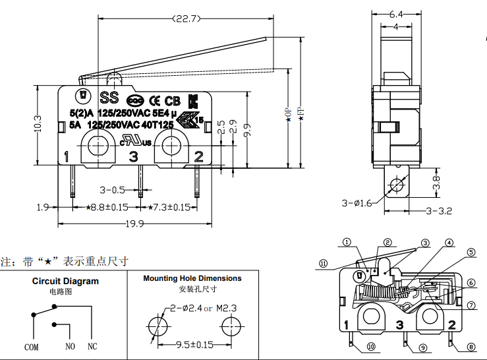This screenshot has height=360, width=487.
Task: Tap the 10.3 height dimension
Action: tap(38, 123)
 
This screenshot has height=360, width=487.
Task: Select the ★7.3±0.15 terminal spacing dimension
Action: tap(169, 207)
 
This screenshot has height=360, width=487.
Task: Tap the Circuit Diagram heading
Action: tap(65, 281)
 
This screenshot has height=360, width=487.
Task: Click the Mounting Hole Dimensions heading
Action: tap(192, 278)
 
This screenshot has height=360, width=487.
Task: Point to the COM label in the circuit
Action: tap(32, 346)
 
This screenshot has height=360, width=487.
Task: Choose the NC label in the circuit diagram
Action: tap(92, 346)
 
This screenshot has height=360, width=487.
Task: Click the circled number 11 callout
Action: tap(324, 263)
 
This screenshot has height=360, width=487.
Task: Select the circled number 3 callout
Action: tap(426, 243)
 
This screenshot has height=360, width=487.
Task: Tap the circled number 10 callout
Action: tap(371, 347)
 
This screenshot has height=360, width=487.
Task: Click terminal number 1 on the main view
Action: tap(67, 156)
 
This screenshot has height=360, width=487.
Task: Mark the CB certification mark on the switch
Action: tap(172, 101)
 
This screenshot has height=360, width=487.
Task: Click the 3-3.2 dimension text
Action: tap(438, 211)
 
